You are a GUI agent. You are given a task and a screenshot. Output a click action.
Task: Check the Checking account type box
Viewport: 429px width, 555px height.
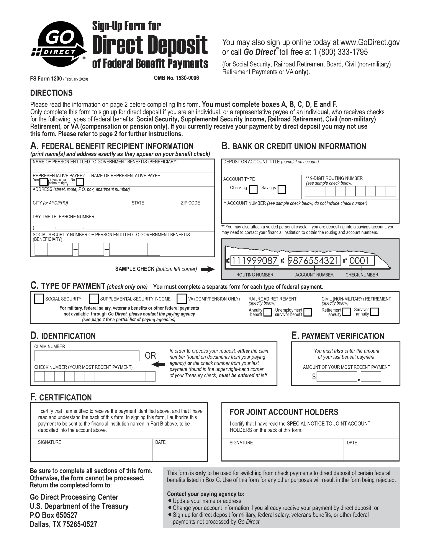point(253,189)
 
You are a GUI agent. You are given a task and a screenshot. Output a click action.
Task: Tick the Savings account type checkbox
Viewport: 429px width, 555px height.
point(282,189)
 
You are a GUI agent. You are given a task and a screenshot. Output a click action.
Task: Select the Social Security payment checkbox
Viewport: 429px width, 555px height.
point(39,299)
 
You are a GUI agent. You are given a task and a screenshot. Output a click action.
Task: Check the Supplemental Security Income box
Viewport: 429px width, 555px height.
point(94,299)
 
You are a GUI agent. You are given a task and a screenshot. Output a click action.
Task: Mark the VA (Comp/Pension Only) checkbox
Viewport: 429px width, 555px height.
point(182,299)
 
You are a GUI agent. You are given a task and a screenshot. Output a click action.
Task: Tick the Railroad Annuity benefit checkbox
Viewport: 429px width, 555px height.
point(267,312)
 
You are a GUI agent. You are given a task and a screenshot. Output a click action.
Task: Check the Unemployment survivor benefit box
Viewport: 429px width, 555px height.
point(308,312)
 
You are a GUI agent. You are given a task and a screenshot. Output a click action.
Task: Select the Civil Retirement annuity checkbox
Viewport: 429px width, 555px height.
point(346,312)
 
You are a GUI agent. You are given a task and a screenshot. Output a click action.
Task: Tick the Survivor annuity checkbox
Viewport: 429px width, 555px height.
point(375,312)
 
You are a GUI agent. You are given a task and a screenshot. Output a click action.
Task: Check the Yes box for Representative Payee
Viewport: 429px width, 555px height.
point(44,182)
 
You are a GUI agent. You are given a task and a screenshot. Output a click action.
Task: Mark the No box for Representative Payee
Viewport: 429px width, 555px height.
point(80,182)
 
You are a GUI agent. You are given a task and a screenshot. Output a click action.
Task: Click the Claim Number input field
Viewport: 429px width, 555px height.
point(87,356)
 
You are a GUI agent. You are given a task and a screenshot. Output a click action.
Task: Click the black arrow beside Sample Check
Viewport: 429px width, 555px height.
point(208,269)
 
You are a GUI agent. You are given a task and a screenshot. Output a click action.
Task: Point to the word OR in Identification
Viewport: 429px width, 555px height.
point(150,356)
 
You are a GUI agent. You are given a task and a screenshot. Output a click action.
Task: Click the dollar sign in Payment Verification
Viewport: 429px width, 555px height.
point(314,377)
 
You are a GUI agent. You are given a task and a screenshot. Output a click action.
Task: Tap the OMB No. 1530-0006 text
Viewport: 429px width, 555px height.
point(176,78)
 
